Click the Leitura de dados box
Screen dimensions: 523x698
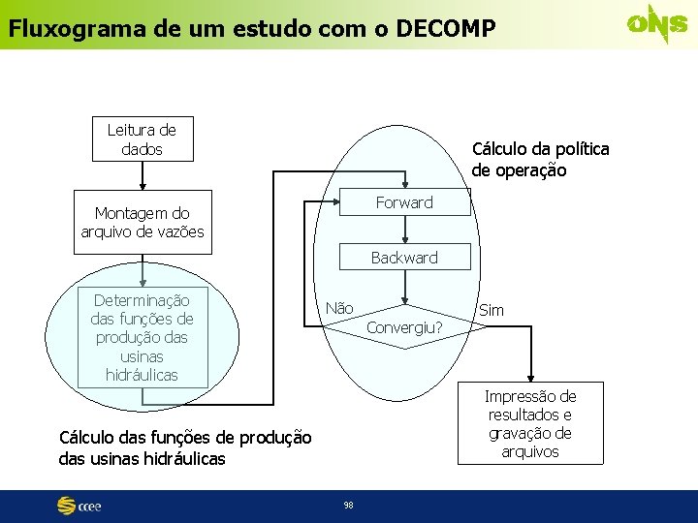[x=142, y=139]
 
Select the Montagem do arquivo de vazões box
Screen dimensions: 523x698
[x=142, y=223]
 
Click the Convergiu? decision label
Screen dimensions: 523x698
[x=404, y=327]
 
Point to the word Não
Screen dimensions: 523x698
[x=339, y=308]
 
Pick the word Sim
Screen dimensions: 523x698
[x=492, y=311]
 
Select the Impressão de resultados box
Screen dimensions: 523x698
[x=530, y=423]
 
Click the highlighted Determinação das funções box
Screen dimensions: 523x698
[x=143, y=337]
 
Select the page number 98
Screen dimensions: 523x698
[x=348, y=505]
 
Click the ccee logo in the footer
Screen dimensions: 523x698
[x=79, y=506]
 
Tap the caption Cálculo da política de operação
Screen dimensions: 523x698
[x=540, y=160]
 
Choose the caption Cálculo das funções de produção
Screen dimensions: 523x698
[x=185, y=447]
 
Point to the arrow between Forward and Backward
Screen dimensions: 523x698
[x=406, y=230]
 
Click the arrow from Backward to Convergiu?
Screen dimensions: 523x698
[x=406, y=288]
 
